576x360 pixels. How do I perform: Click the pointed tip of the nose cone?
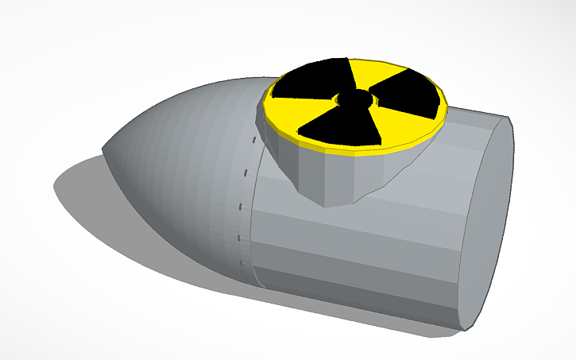coord(105,148)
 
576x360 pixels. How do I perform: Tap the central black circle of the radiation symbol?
coord(354,99)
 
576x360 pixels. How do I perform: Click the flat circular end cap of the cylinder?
coord(486,223)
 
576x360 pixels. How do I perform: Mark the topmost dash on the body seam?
coord(253,141)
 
